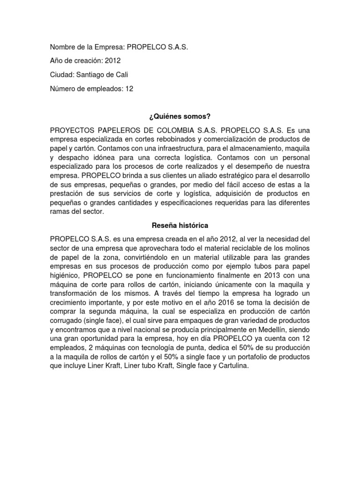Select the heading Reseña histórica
pyautogui.click(x=180, y=225)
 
